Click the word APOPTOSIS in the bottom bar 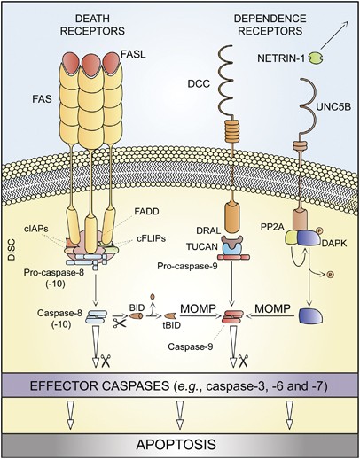coord(179,444)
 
